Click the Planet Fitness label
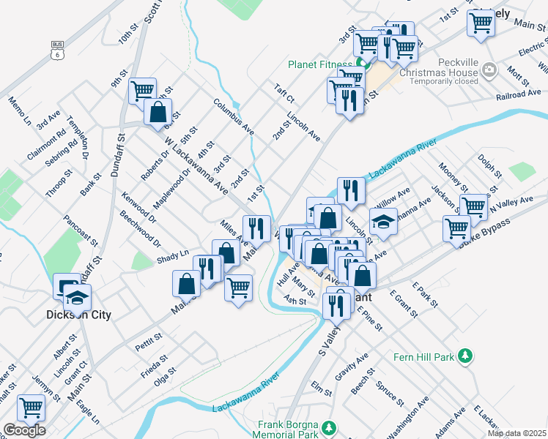(x=319, y=64)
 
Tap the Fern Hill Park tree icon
(x=464, y=356)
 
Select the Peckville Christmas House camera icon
(x=490, y=70)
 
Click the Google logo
(x=23, y=430)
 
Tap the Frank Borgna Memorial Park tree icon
(x=330, y=427)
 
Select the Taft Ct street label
(x=284, y=92)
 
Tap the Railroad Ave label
(x=518, y=95)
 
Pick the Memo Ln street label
(x=20, y=110)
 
